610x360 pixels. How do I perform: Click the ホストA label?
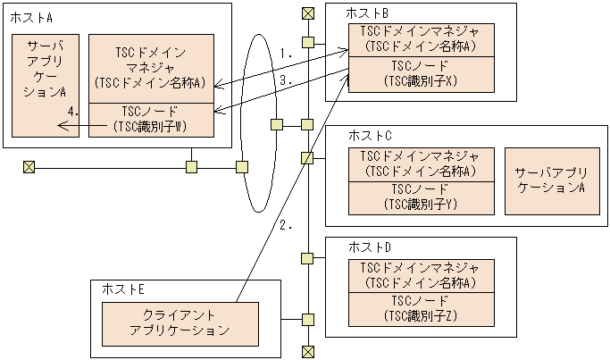[30, 19]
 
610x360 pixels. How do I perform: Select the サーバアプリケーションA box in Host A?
[45, 84]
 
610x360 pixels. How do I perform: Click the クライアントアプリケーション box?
[180, 323]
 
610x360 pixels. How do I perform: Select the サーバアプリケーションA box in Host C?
[551, 181]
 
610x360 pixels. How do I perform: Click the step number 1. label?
[286, 54]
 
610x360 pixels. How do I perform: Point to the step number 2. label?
[286, 226]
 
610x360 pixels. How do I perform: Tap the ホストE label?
[124, 289]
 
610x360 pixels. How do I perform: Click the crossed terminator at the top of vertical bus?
[307, 13]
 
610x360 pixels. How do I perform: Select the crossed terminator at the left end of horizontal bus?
[29, 167]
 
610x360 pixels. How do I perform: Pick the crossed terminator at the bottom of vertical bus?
[307, 350]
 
